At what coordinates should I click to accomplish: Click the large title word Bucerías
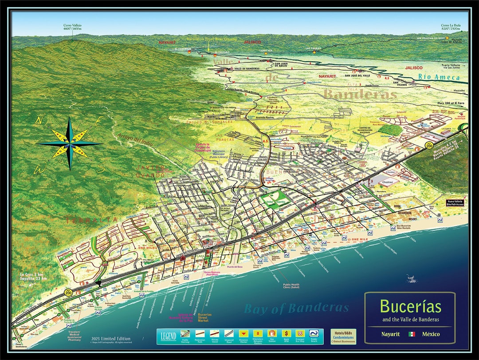(410, 306)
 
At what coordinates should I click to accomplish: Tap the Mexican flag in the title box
(412, 334)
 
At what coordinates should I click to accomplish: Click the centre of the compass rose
(70, 143)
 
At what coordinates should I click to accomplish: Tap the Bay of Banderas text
(296, 308)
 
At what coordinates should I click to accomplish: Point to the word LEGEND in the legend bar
(168, 336)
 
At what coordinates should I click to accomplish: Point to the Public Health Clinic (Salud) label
(293, 287)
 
